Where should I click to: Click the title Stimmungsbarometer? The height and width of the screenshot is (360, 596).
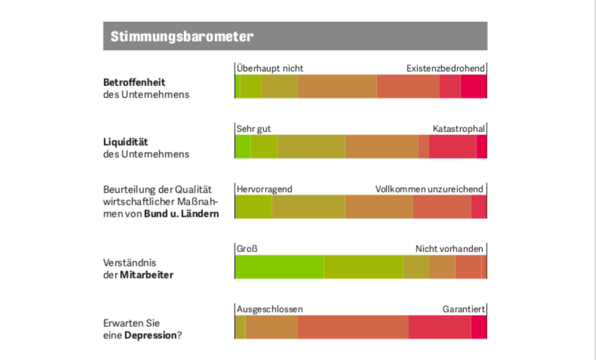(x=181, y=36)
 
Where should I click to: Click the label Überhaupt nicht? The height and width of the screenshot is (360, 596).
(x=270, y=68)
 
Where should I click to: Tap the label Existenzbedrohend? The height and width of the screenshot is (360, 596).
(x=445, y=68)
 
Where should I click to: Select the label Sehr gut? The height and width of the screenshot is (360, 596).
(x=253, y=128)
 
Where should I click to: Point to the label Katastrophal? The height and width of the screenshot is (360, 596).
(x=459, y=128)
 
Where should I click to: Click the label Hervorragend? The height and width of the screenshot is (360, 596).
(x=264, y=189)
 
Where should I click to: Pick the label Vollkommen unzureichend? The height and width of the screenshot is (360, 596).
(x=429, y=189)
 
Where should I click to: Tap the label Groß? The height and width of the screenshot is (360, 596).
(x=247, y=248)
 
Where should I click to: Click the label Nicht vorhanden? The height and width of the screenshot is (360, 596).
(x=450, y=248)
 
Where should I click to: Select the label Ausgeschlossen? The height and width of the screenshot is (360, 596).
(x=269, y=309)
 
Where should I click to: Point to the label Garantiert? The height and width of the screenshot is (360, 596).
(x=463, y=309)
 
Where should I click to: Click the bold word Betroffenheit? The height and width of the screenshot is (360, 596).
(x=134, y=82)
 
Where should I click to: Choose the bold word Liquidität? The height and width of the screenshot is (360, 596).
(x=126, y=141)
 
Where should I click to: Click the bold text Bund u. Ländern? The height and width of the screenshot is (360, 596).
(x=182, y=214)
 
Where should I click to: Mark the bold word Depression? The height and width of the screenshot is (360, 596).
(x=150, y=334)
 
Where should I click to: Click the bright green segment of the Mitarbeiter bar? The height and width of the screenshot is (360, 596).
(x=279, y=267)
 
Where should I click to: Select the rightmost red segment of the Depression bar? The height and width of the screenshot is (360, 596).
(x=478, y=327)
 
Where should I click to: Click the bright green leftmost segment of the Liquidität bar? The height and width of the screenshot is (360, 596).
(x=242, y=147)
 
